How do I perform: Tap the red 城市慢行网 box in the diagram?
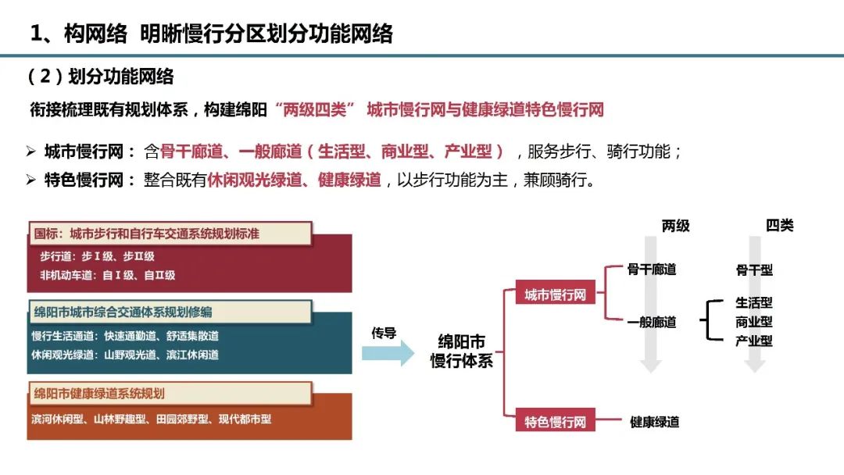555,295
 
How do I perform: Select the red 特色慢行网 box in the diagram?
555,422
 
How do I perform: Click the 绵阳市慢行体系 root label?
462,352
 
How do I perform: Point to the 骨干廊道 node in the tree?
651,270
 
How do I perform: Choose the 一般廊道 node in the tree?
651,322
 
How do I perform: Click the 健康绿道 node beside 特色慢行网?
654,422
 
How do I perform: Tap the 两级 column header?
675,226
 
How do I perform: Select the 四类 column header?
779,226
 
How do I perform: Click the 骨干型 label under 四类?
753,270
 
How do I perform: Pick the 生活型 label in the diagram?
753,303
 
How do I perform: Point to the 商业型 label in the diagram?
753,322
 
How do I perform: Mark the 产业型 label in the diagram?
753,341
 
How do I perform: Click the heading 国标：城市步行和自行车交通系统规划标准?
146,233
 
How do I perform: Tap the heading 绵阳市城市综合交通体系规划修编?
123,312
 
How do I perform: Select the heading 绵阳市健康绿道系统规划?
99,393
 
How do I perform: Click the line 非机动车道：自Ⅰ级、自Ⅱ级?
108,275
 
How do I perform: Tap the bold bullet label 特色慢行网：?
91,180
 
